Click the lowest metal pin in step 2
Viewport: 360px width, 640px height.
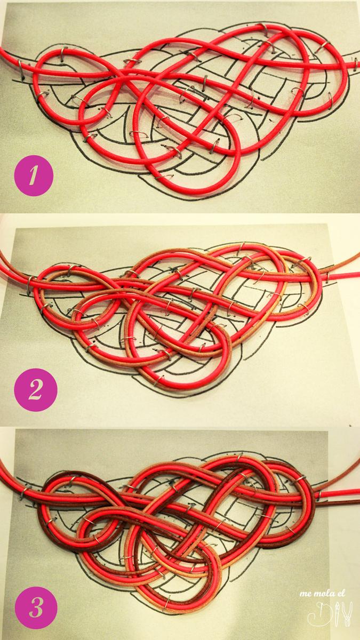click(158, 380)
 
